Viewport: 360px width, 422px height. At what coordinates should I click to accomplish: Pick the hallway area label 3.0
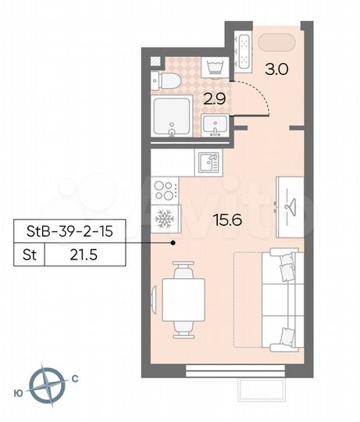pos(277,68)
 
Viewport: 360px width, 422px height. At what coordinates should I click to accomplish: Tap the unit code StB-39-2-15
pos(70,231)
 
